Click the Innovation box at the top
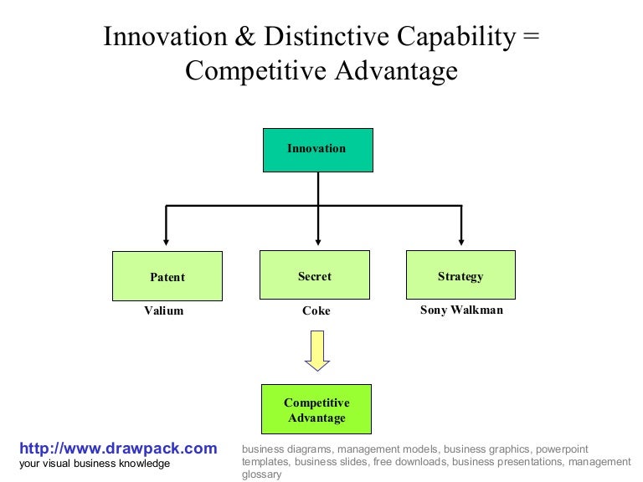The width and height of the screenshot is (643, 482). [x=317, y=150]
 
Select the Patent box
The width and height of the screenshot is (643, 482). [x=167, y=276]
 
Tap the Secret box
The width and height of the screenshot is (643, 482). [x=315, y=274]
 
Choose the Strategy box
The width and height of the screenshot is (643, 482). [x=460, y=274]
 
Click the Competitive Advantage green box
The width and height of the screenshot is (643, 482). [x=316, y=408]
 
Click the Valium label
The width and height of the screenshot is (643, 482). [x=164, y=310]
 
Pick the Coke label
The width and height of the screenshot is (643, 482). [x=316, y=310]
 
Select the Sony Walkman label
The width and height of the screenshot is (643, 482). [x=461, y=310]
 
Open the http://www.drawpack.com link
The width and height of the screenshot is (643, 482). [x=118, y=449]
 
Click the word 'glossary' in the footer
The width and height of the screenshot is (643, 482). [x=262, y=474]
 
